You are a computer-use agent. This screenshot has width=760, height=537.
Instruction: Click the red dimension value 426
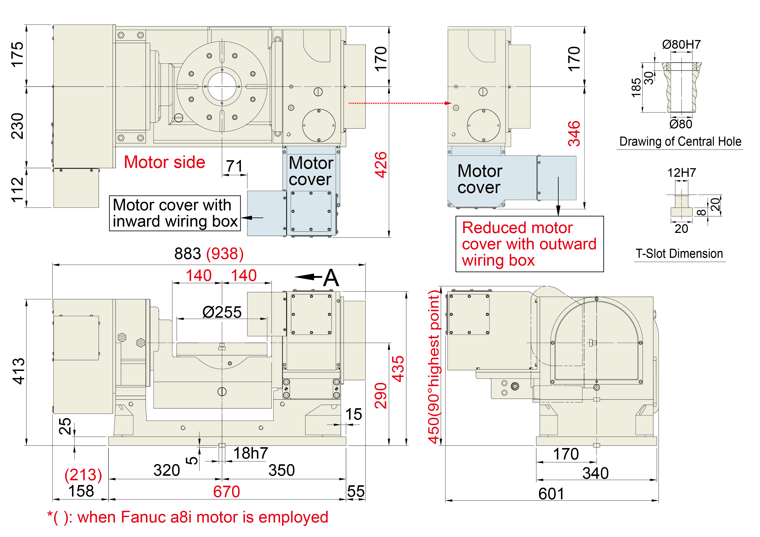coord(380,165)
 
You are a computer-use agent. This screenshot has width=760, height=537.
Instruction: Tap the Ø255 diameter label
coord(222,312)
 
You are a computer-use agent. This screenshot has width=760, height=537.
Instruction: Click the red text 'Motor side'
coord(164,162)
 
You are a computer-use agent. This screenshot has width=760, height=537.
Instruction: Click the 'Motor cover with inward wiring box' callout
coord(175,213)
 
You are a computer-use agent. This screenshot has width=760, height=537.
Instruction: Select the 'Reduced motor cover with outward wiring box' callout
coord(529,244)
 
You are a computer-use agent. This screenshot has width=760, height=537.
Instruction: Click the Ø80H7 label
coord(681,44)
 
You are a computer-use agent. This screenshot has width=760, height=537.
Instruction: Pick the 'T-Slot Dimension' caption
coord(679,254)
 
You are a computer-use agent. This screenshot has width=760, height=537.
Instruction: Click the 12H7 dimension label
coord(681,173)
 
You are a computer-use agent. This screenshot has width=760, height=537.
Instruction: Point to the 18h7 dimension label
coord(251,453)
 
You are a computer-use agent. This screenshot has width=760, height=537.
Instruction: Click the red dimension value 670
coord(226,491)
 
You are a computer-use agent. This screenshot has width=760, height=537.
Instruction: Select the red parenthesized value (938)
coord(225,254)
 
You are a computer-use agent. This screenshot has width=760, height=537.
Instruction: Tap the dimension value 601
coord(551,494)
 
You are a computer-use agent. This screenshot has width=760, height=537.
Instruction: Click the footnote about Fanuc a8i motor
coord(188,517)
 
